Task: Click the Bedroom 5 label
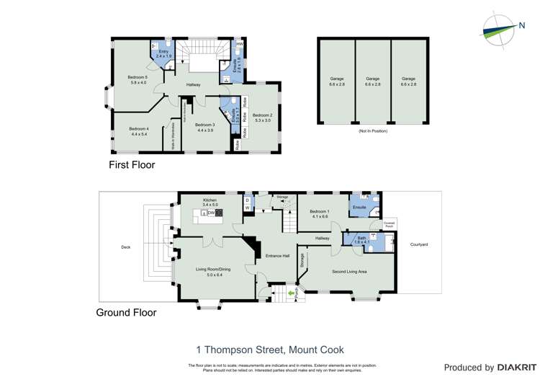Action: tap(137, 77)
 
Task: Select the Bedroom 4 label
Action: tap(138, 129)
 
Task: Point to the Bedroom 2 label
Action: tap(261, 115)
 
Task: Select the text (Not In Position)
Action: tap(372, 131)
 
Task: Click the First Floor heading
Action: tap(132, 165)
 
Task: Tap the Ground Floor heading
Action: tap(126, 313)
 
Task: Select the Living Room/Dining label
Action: tap(210, 270)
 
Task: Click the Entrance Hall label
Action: tap(276, 256)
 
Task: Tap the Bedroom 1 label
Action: tap(320, 213)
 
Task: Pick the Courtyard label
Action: tap(419, 245)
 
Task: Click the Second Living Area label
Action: tap(349, 272)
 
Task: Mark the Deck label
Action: tap(126, 247)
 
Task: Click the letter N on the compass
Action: tap(521, 27)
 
